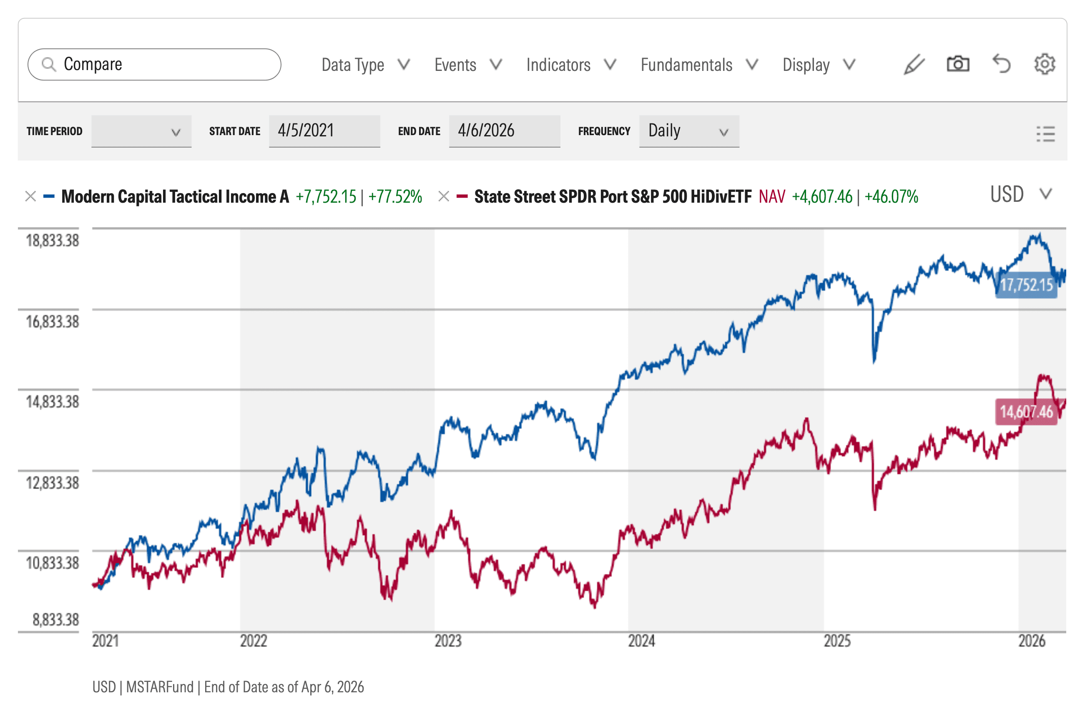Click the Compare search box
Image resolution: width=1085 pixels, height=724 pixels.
(154, 64)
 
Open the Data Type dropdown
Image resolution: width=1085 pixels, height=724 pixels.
(365, 65)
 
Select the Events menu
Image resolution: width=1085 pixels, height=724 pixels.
(468, 65)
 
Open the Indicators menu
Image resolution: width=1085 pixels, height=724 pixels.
(571, 65)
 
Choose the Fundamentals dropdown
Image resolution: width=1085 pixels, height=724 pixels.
(699, 65)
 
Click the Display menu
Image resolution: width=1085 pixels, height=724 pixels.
(819, 65)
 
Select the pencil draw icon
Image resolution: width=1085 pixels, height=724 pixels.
(914, 64)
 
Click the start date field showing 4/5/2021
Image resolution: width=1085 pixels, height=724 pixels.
(324, 131)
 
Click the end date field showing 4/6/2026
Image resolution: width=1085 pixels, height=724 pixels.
(504, 131)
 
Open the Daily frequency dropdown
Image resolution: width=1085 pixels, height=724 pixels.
(689, 131)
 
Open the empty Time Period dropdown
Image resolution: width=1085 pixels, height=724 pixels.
(141, 131)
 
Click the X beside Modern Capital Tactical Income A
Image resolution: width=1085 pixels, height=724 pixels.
(30, 196)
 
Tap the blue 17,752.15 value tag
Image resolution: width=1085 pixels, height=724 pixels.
(1026, 285)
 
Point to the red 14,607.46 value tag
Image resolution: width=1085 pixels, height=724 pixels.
(1026, 411)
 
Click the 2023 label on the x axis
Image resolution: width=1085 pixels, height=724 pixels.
(448, 641)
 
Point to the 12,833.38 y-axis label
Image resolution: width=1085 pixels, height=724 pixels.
(52, 483)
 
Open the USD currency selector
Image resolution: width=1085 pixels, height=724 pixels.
(1021, 194)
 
